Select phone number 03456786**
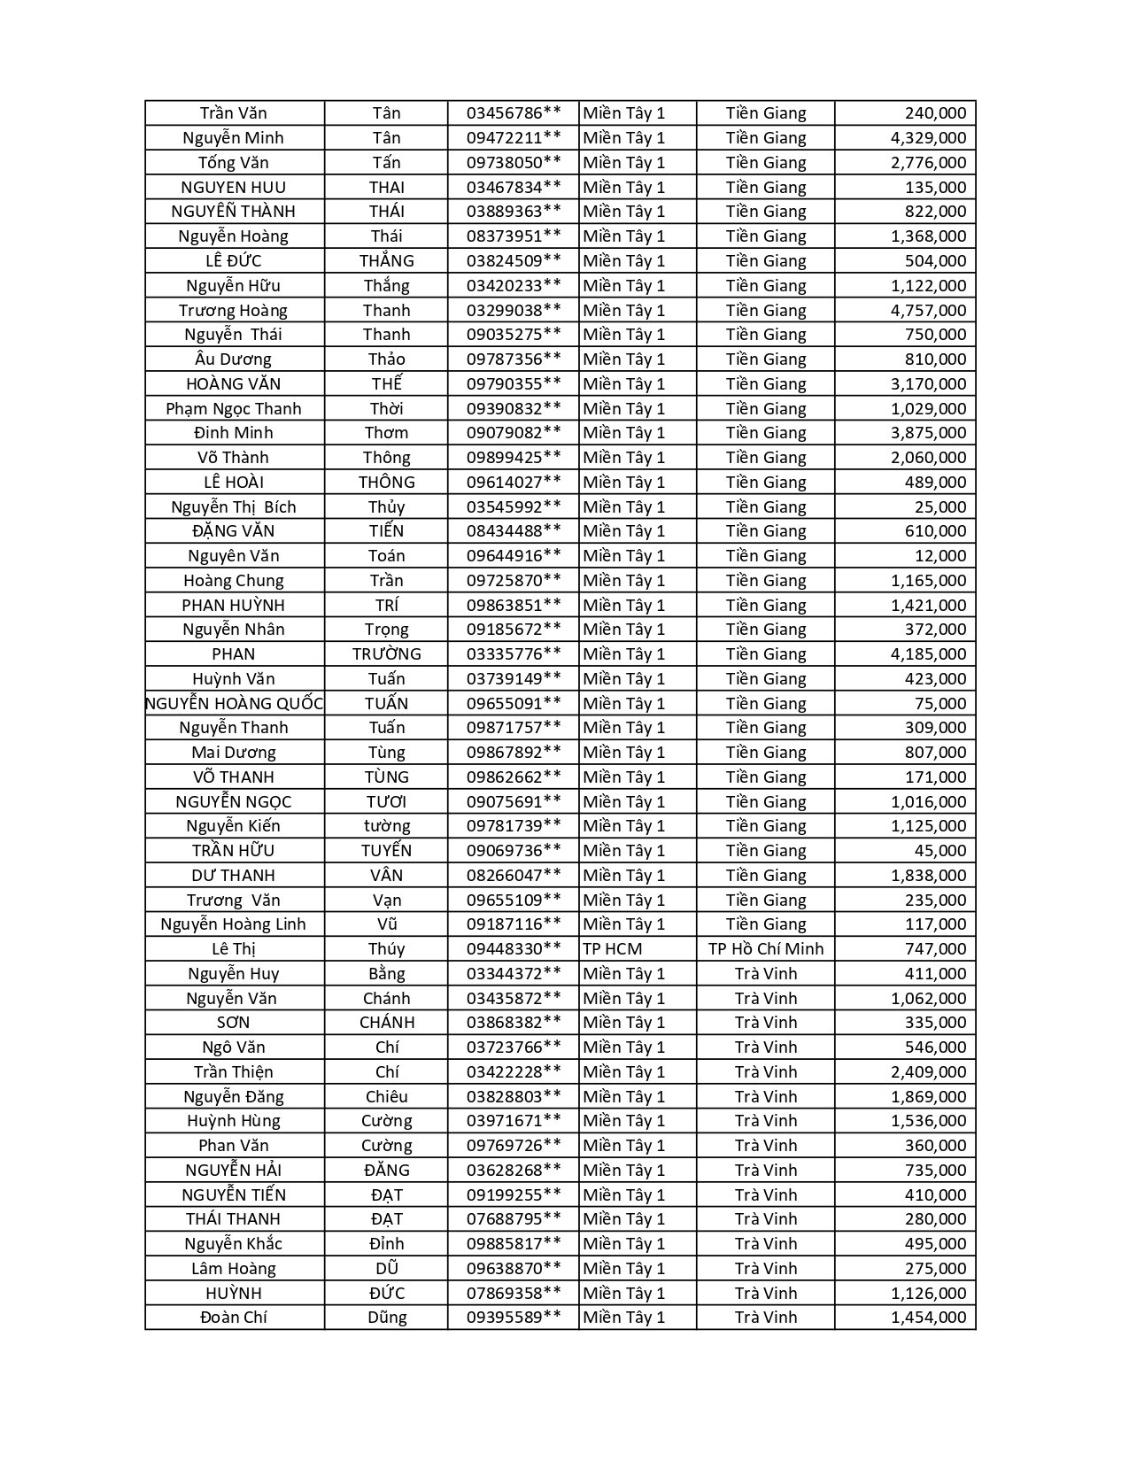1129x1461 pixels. click(x=514, y=113)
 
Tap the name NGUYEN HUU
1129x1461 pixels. click(x=233, y=188)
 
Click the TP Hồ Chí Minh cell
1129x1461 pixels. click(x=765, y=949)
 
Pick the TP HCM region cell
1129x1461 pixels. click(x=613, y=949)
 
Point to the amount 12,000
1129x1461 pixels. click(x=940, y=556)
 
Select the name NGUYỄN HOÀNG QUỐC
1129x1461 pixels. click(x=235, y=704)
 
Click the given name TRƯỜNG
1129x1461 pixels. click(x=386, y=654)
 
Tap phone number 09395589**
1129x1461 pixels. click(x=514, y=1318)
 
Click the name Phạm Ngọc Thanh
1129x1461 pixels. click(x=233, y=409)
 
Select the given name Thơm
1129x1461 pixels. click(x=386, y=433)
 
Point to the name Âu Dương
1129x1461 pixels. click(x=233, y=359)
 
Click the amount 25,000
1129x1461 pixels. click(x=940, y=507)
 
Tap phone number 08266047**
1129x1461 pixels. click(x=514, y=876)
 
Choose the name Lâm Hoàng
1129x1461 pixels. click(x=233, y=1269)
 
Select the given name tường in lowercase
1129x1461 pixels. click(x=386, y=826)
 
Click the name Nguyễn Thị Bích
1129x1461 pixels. click(x=233, y=507)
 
